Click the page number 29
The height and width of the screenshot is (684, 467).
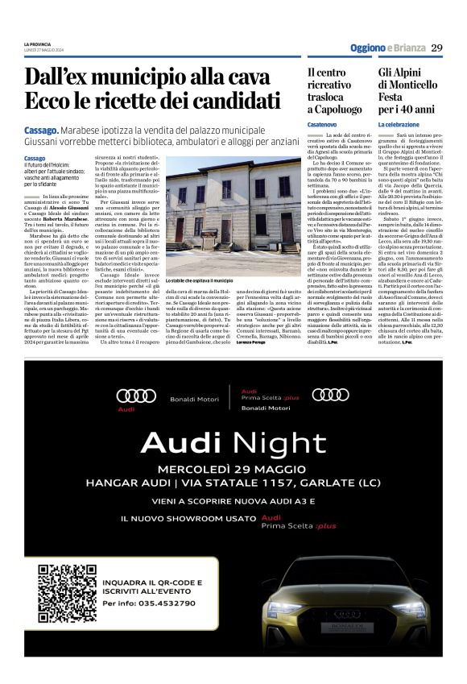436,48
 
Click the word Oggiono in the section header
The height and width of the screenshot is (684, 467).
367,48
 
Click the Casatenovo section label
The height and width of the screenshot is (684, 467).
322,125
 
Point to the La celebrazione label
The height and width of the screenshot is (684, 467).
399,125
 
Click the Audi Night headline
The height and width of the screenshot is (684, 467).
233,442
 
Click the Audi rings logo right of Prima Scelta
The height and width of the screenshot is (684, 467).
331,394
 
